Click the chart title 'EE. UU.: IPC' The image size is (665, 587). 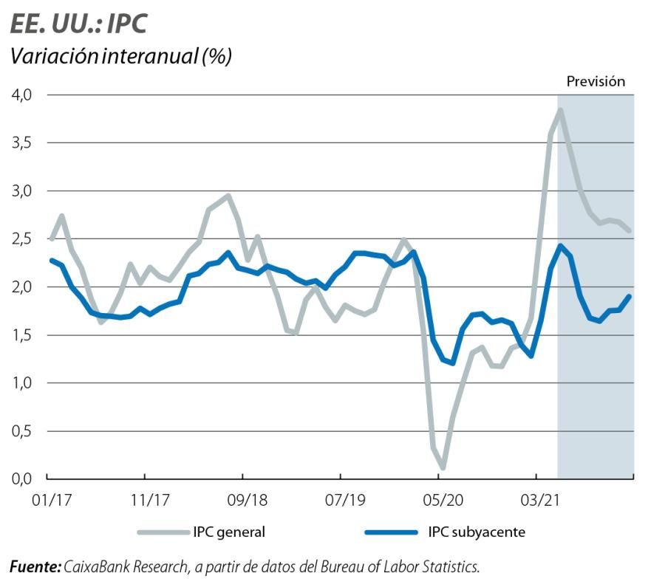click(78, 24)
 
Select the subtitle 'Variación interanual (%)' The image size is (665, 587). click(120, 57)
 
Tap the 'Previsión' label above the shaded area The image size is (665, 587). click(596, 81)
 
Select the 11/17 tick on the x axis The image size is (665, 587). click(145, 500)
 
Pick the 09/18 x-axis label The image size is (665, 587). click(242, 500)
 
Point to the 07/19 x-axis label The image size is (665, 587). click(340, 500)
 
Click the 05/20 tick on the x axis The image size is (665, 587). click(438, 500)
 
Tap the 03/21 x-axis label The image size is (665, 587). click(536, 500)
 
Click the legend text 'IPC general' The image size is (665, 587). click(229, 532)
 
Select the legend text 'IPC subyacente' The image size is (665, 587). click(477, 532)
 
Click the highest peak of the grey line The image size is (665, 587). click(561, 110)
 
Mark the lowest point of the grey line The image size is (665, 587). click(443, 467)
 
